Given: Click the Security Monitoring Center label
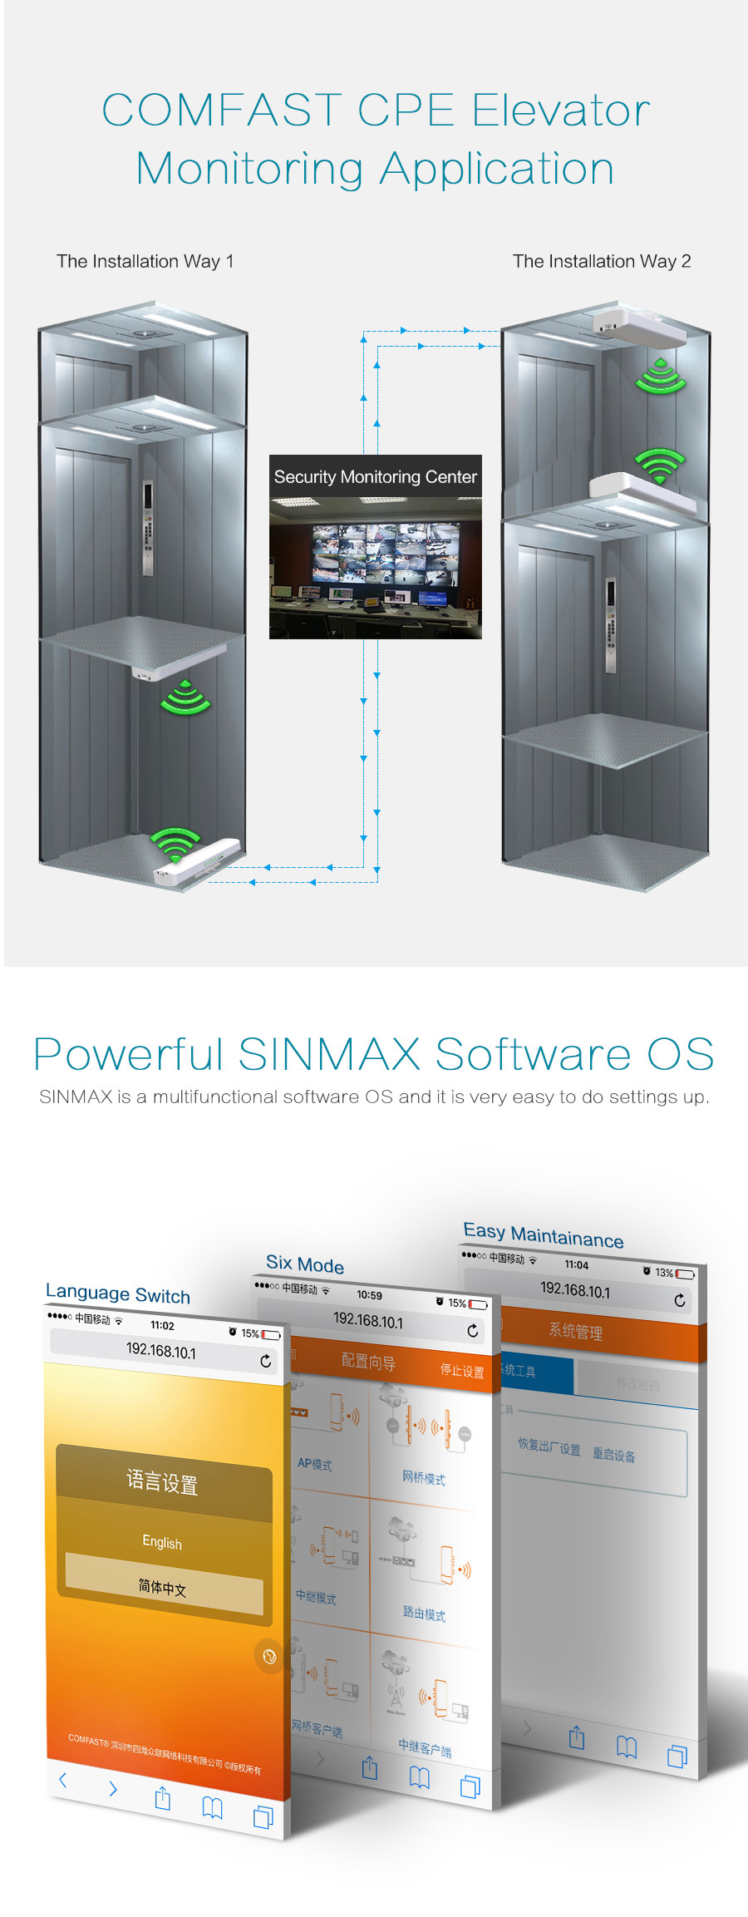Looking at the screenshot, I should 375,477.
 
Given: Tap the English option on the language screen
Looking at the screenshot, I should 162,1542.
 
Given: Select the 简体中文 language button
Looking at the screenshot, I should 163,1587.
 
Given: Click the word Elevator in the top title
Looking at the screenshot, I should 561,111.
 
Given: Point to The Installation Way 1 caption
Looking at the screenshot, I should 145,261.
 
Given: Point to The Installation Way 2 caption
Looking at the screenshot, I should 602,261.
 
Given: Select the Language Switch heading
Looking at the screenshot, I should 118,1294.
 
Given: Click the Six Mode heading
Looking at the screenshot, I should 305,1264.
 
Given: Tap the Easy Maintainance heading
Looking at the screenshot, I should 544,1235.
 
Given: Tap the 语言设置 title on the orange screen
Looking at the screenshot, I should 163,1482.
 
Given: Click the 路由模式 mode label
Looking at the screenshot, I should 424,1613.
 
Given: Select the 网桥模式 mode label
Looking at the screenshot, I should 424,1477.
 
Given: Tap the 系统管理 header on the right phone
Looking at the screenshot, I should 575,1331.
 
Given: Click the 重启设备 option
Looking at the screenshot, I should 614,1455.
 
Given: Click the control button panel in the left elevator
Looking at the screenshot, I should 147,528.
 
